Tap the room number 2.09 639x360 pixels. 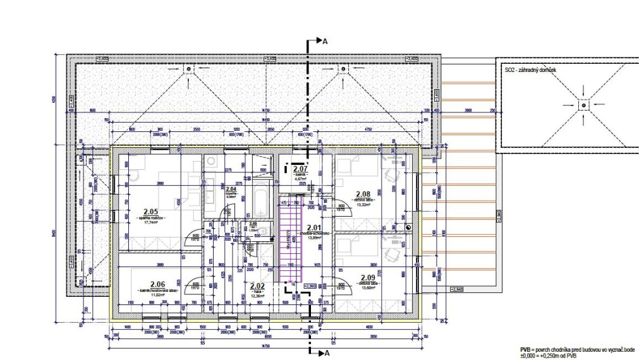click(x=368, y=277)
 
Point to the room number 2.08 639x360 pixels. click(x=363, y=195)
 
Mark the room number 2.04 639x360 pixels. click(x=231, y=189)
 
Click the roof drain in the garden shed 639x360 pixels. click(x=583, y=105)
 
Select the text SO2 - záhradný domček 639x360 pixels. click(x=530, y=71)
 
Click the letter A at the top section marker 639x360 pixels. click(x=325, y=42)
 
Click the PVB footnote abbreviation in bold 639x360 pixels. click(x=525, y=348)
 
